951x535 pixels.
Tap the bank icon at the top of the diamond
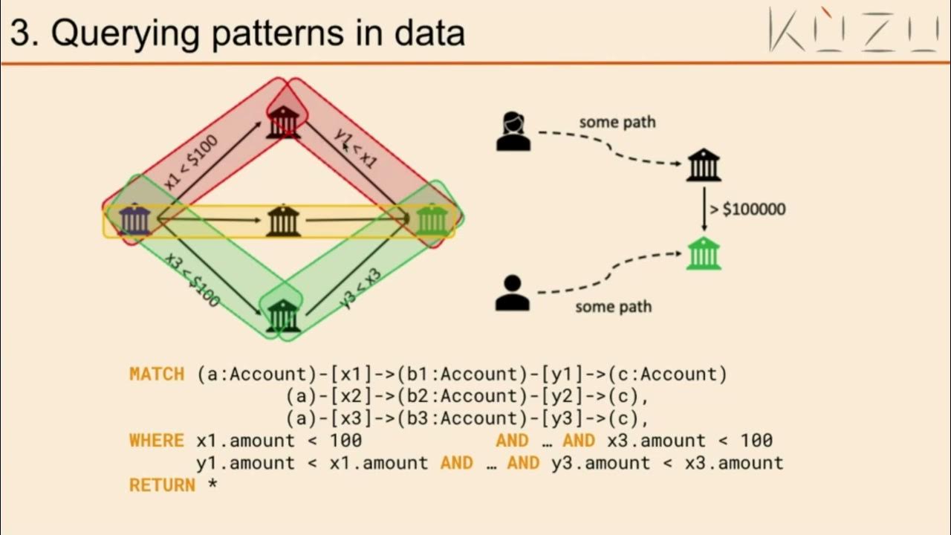283,122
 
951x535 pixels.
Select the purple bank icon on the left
134,220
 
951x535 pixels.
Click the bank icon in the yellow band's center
283,221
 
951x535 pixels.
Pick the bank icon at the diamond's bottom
282,316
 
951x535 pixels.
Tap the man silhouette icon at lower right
513,293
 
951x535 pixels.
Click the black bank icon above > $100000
703,165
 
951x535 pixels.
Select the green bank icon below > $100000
703,253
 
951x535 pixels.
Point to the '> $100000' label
747,210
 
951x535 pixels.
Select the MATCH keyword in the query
157,374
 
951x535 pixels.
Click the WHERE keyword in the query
157,441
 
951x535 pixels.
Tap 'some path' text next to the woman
617,122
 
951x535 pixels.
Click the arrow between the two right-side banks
704,210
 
